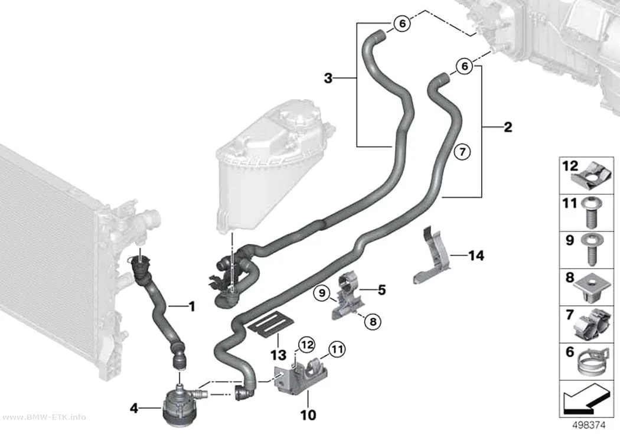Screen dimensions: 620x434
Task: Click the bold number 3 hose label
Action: (328, 79)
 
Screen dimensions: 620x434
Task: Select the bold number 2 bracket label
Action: (508, 128)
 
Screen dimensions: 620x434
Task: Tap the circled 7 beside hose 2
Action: (462, 152)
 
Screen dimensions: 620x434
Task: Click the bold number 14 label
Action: (476, 256)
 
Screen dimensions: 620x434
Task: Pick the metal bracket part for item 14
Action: (433, 256)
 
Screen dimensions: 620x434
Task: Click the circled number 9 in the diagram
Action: (322, 293)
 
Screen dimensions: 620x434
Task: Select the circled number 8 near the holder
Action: (373, 322)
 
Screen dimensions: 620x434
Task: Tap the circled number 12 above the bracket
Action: (306, 345)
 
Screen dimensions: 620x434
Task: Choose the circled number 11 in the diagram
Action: (337, 350)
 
